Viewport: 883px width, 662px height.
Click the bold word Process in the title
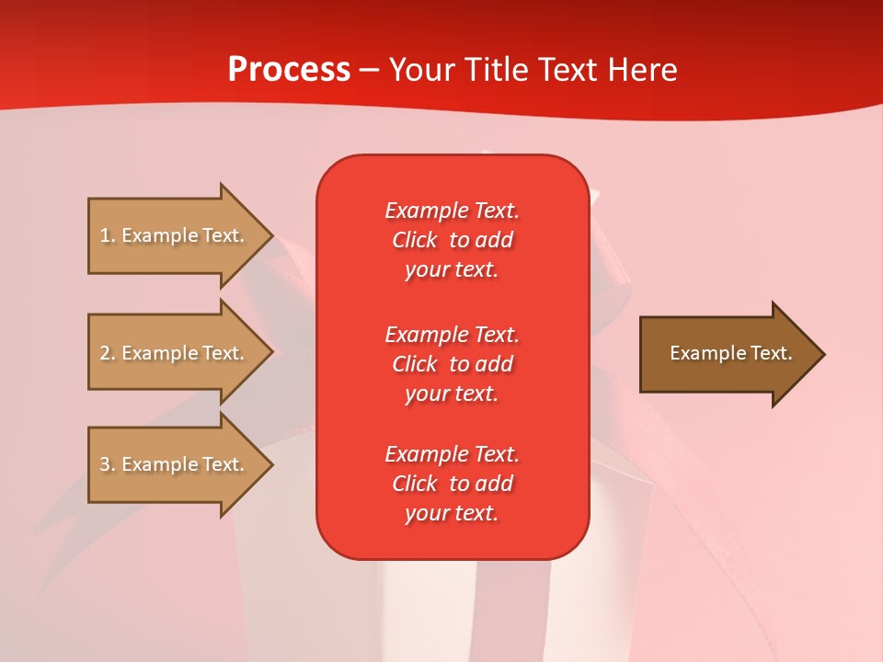coord(289,70)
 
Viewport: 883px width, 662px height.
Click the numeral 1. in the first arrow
coord(108,235)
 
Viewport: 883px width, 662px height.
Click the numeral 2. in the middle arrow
coord(108,353)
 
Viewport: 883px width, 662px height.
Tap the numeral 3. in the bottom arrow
coord(108,464)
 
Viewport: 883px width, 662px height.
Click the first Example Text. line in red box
coord(452,211)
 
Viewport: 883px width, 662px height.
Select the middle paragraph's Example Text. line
coord(452,335)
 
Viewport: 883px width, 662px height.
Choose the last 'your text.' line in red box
coord(452,514)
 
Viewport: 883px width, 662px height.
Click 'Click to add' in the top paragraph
coord(452,240)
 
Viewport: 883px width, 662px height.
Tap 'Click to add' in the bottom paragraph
coord(452,484)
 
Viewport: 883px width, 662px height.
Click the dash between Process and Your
coord(370,70)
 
